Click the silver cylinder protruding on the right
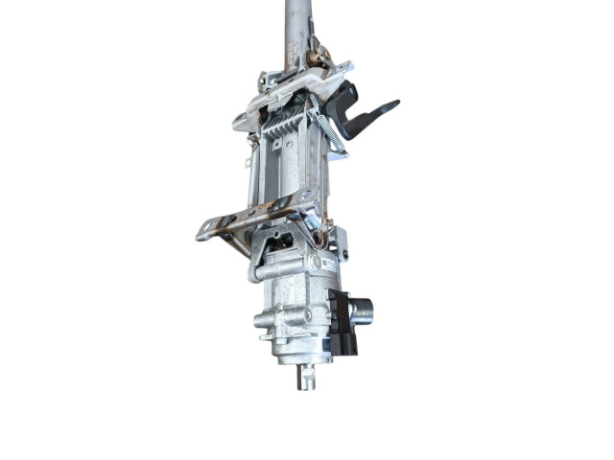(x=363, y=310)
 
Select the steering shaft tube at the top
(x=297, y=29)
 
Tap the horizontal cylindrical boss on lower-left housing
(x=267, y=320)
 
